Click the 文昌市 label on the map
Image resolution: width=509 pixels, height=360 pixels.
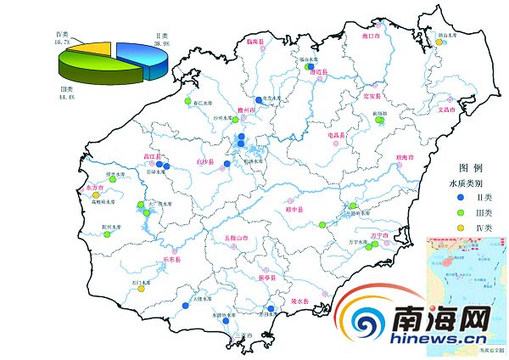(447, 110)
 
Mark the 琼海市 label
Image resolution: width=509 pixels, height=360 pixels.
(404, 159)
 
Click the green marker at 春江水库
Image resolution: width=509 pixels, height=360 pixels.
(187, 103)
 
